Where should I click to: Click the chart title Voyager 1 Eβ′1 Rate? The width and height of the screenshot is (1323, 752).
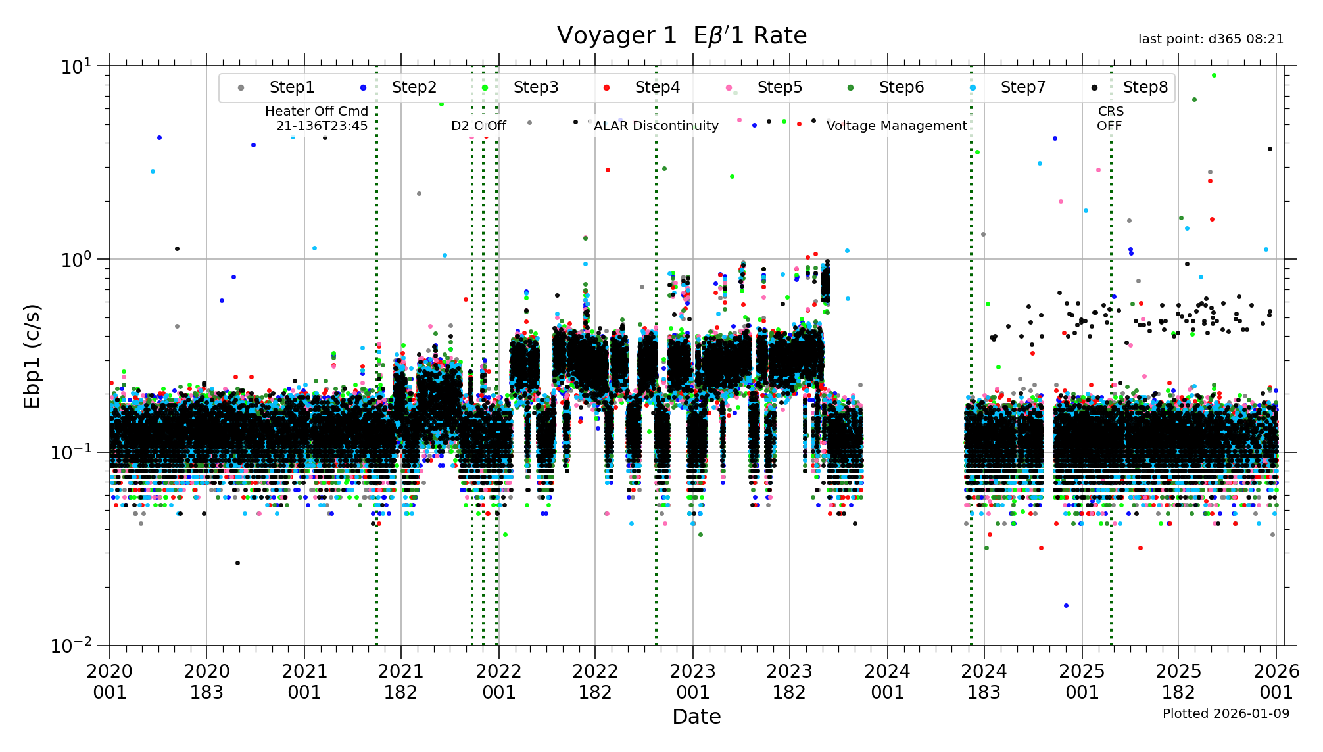point(682,35)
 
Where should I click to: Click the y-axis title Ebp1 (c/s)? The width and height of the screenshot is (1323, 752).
point(32,356)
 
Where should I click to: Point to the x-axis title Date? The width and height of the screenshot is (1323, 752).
point(696,717)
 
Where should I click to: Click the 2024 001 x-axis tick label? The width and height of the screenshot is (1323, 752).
point(887,682)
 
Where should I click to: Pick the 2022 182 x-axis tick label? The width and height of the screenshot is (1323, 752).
point(595,682)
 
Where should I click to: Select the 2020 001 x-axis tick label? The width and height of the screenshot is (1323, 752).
point(110,682)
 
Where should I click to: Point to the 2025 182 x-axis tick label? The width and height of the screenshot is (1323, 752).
point(1178,682)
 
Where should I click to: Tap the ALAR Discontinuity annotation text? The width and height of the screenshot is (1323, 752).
point(656,126)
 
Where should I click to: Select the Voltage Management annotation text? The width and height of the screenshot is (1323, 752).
point(896,126)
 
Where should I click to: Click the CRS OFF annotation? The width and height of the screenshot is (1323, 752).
point(1110,118)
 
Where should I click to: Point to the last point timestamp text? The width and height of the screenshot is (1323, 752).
point(1211,39)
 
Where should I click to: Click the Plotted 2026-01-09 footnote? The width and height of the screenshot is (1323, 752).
point(1226,713)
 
